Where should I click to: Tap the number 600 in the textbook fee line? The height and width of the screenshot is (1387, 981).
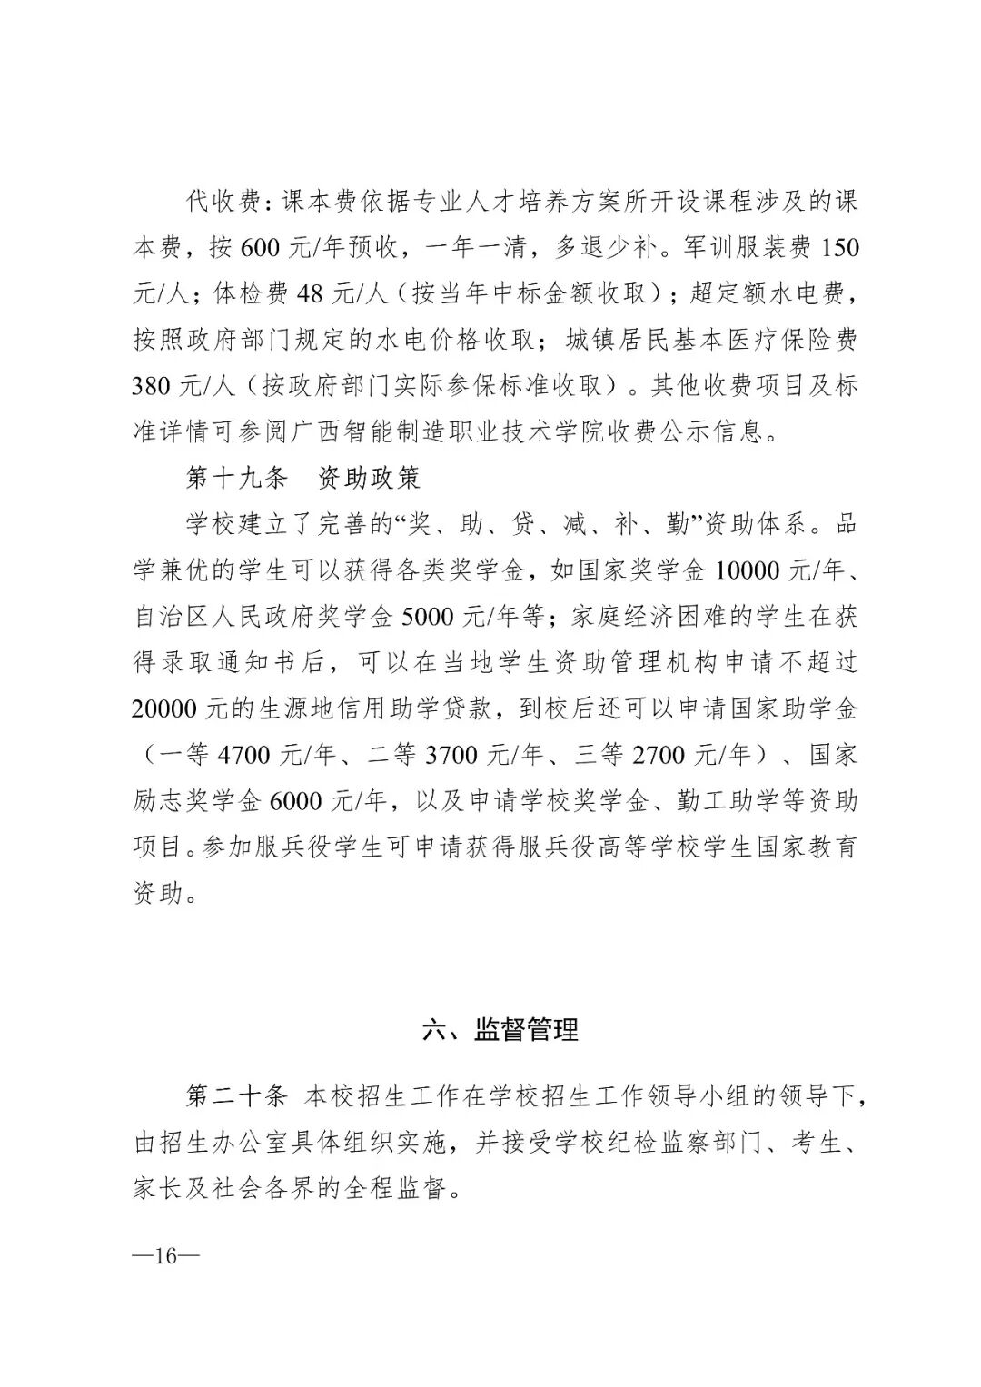(x=262, y=247)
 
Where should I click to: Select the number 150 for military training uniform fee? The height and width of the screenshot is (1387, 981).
(x=837, y=247)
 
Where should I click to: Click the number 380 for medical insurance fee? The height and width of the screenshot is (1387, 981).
(x=151, y=386)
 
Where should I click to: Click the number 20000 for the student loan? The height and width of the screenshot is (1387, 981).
(x=170, y=708)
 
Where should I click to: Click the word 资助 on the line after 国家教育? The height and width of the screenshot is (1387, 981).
(x=158, y=894)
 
